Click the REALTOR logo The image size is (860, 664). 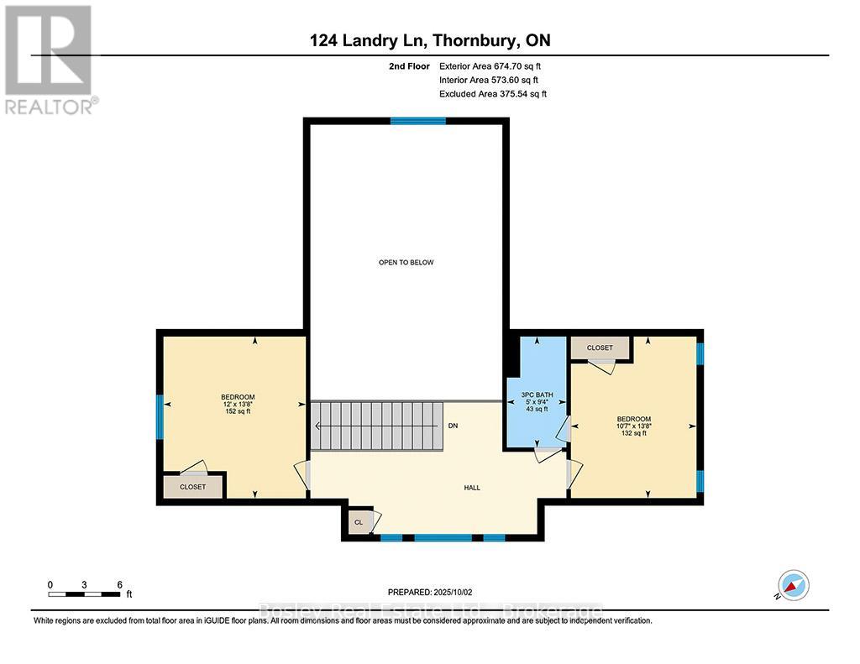click(49, 59)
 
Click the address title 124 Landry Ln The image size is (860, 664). click(429, 40)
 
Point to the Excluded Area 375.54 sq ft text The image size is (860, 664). click(492, 94)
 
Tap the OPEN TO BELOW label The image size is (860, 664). click(406, 263)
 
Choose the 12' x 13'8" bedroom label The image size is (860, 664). click(238, 404)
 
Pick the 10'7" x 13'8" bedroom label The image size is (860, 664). click(633, 426)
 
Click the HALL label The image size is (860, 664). click(472, 488)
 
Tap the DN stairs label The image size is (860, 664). click(453, 426)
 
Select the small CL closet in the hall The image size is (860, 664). click(359, 522)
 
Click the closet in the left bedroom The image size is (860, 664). click(193, 487)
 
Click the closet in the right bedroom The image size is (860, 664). click(600, 348)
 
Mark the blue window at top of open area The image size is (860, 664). click(417, 121)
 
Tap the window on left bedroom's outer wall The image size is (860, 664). click(160, 416)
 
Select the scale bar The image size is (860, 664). click(85, 594)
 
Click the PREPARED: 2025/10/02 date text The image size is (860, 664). click(429, 592)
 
